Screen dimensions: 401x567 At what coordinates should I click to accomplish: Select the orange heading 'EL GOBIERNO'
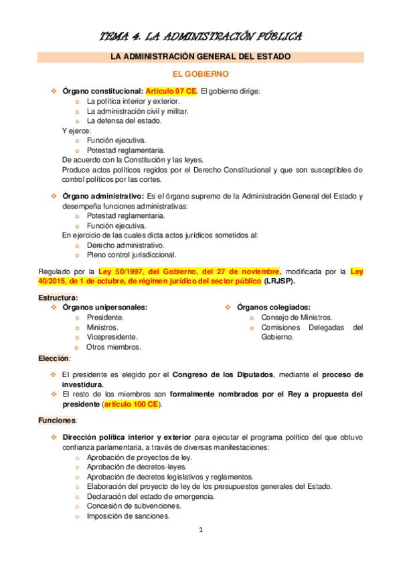pos(200,73)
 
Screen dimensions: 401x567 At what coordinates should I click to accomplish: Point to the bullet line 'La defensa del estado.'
pos(124,120)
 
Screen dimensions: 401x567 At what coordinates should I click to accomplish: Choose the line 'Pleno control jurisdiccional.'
pos(132,255)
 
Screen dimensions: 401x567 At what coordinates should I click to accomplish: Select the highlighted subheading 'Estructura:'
pos(58,297)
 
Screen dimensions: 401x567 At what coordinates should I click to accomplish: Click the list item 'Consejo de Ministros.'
pos(297,317)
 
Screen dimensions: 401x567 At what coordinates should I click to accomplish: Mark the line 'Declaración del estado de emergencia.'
pos(151,496)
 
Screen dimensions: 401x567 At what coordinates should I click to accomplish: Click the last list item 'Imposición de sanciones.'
pos(128,516)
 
